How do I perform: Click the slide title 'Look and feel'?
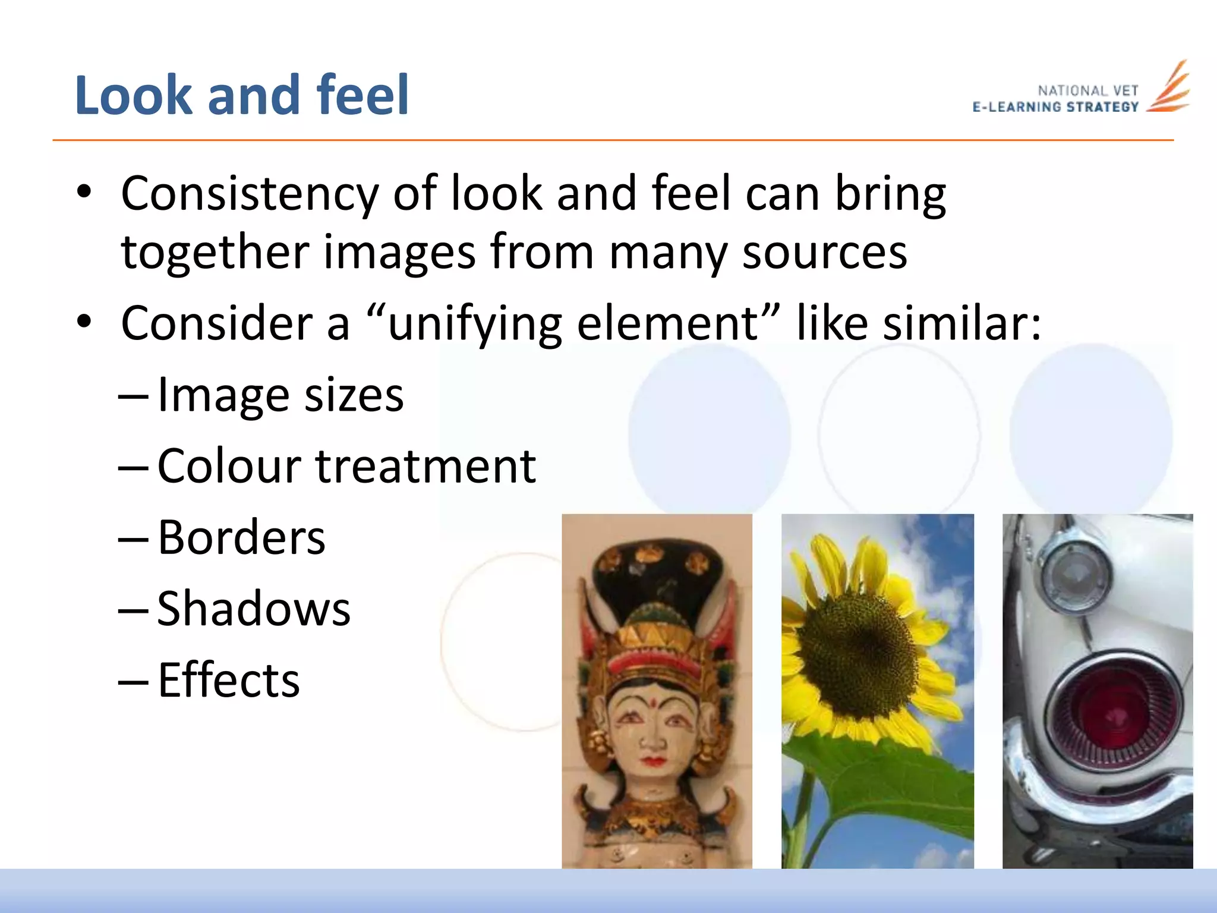[x=242, y=95]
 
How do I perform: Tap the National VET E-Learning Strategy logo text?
[x=1055, y=99]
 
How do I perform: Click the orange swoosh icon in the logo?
[x=1169, y=89]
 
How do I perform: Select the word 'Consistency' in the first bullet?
[x=250, y=194]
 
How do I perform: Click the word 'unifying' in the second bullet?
[x=474, y=323]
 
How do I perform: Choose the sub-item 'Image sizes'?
[x=280, y=395]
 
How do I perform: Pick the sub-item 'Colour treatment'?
[x=346, y=466]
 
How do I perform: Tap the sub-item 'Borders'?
[x=241, y=537]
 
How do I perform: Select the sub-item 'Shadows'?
[x=254, y=609]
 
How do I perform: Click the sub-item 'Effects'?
[x=229, y=680]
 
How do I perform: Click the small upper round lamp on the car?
[x=1076, y=577]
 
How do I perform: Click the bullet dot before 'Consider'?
[x=84, y=322]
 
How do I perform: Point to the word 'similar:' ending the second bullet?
[x=962, y=323]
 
